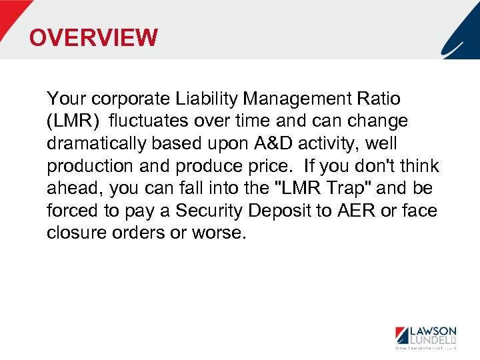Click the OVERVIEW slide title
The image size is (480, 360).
(94, 37)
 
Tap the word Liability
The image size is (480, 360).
(206, 99)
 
